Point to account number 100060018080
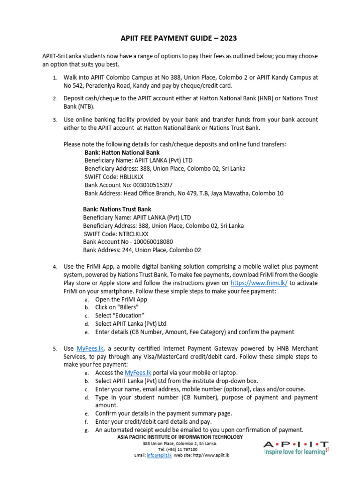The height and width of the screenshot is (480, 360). (149, 241)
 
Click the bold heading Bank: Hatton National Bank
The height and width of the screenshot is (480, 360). (122, 152)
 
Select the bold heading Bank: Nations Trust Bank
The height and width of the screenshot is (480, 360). (117, 209)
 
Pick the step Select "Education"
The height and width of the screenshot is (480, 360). (120, 315)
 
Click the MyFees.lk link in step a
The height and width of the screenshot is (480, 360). (138, 373)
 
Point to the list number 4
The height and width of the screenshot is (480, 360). (54, 267)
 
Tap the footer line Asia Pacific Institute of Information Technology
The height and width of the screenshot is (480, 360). (180, 437)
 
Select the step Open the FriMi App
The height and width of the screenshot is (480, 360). (121, 300)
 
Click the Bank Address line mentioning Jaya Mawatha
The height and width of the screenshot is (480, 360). (184, 193)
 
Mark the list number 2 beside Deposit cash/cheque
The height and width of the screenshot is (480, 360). (54, 98)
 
